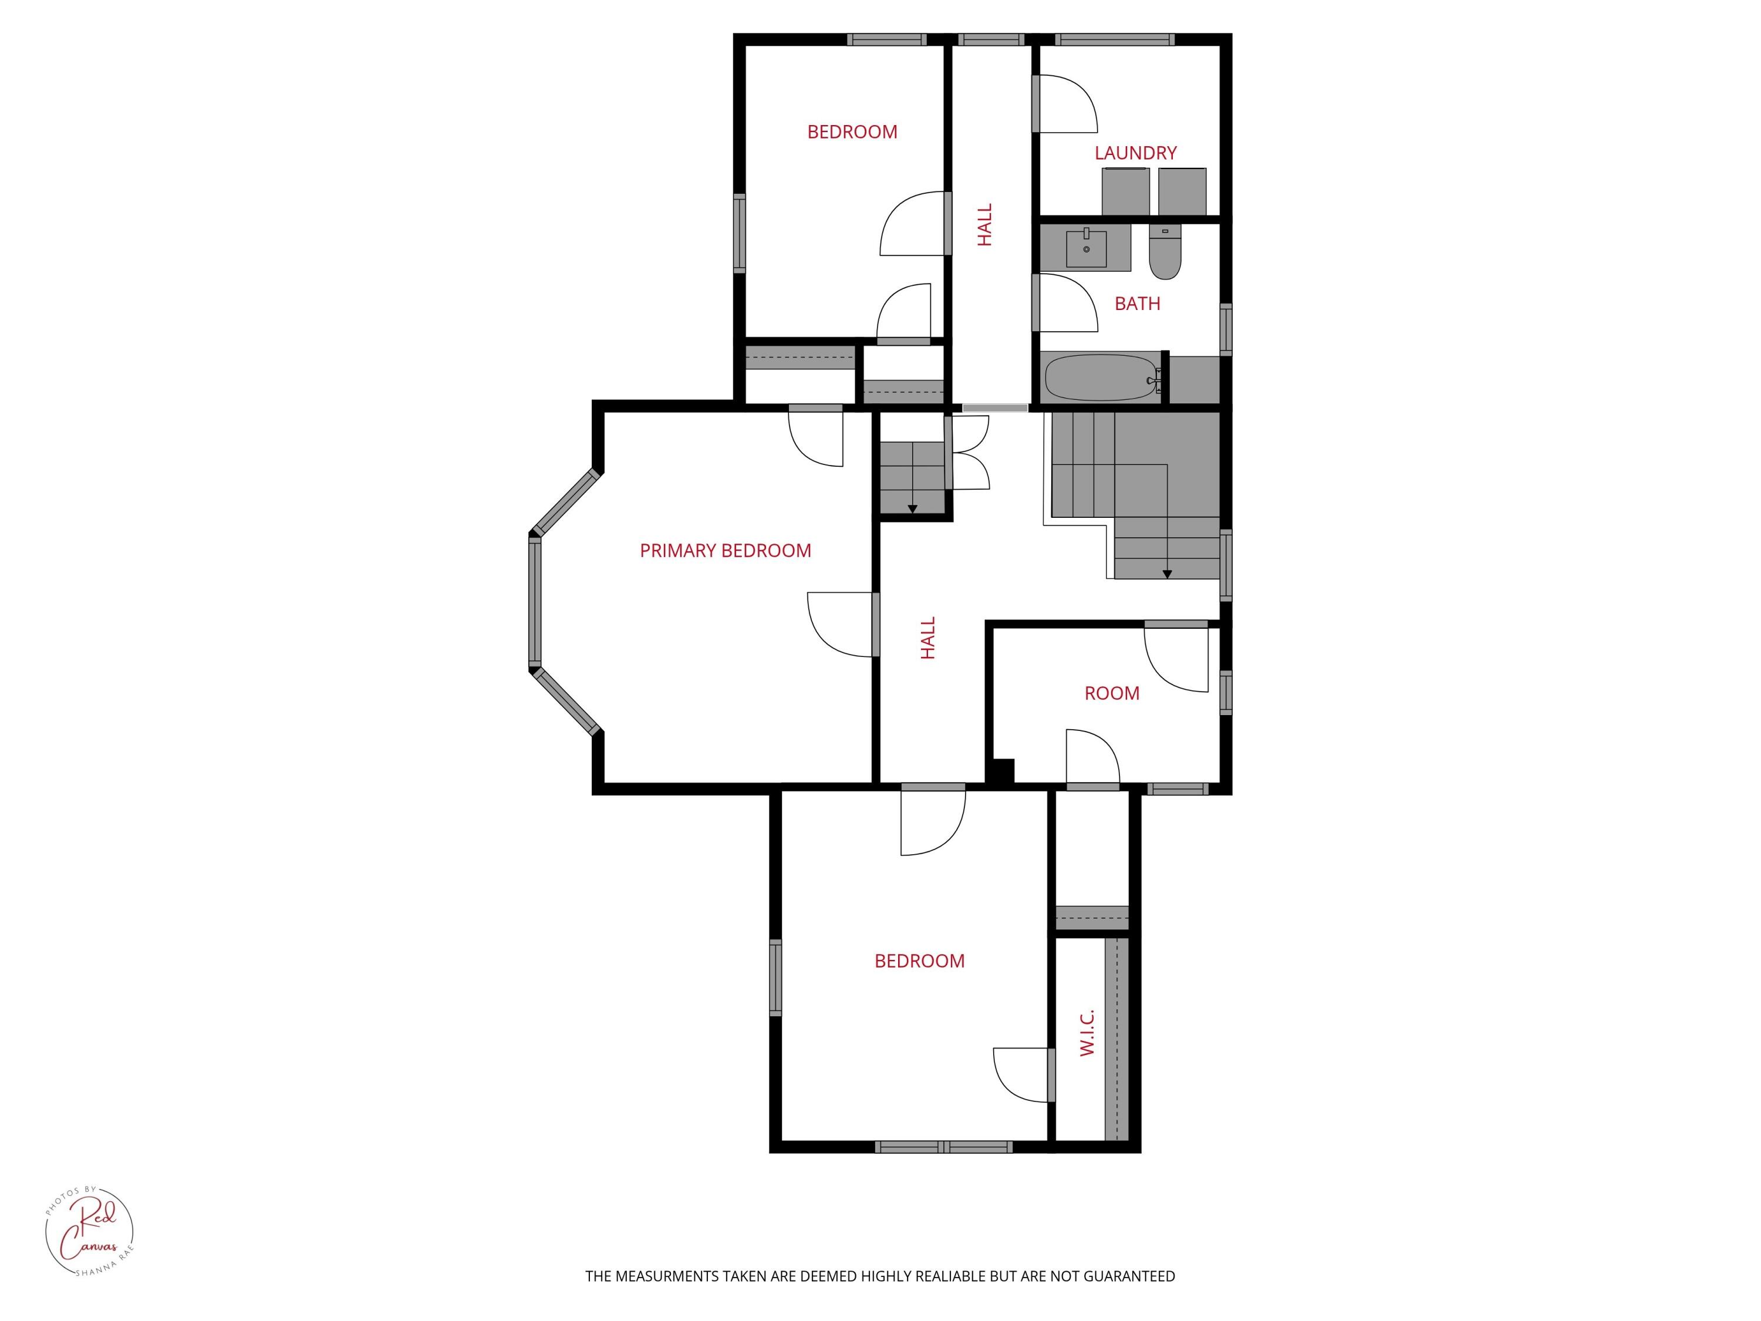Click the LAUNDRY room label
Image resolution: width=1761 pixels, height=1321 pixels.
point(1135,153)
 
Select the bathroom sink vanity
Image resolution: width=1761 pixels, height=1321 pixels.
point(1086,248)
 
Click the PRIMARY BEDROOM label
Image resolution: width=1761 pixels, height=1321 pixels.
point(726,550)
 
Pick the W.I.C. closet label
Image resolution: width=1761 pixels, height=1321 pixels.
point(1088,1033)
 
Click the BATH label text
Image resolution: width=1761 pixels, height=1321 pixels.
point(1137,304)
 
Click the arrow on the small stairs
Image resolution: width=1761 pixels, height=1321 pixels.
point(912,507)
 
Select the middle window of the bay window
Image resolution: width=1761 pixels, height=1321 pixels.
point(534,601)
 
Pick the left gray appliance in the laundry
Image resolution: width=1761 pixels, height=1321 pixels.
point(1125,191)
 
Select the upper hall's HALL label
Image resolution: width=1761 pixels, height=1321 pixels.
point(985,224)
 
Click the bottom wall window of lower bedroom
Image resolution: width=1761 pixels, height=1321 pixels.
point(943,1147)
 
